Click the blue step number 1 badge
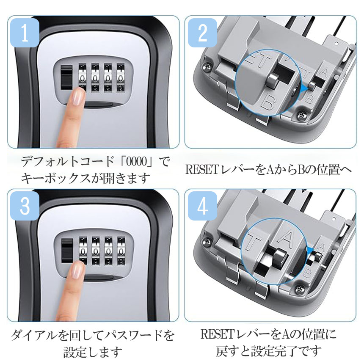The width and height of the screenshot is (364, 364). tap(25, 33)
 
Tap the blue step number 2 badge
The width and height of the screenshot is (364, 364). tap(202, 33)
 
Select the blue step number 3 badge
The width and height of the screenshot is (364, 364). tap(25, 206)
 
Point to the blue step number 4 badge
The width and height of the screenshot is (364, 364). tap(202, 206)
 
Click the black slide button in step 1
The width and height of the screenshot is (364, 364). tap(66, 77)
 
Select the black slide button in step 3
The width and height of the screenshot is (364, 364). tap(67, 251)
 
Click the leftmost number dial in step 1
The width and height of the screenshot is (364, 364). tap(82, 78)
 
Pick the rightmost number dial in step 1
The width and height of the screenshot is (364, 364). tap(121, 78)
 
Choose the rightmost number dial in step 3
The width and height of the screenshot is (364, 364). tap(121, 251)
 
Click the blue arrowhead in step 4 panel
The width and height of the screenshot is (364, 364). tap(310, 250)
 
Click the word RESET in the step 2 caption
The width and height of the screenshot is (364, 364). tap(202, 170)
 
